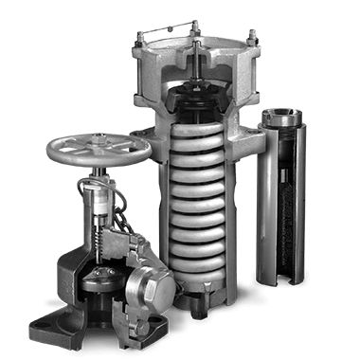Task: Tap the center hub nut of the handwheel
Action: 98,146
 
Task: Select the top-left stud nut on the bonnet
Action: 139,39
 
